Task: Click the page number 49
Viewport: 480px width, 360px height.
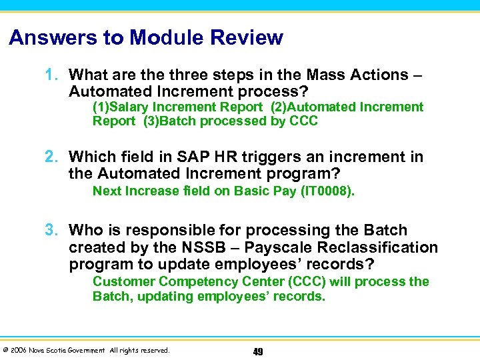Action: pos(257,351)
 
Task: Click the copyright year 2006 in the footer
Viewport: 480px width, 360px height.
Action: pos(18,351)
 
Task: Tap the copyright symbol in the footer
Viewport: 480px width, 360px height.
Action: pos(5,351)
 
